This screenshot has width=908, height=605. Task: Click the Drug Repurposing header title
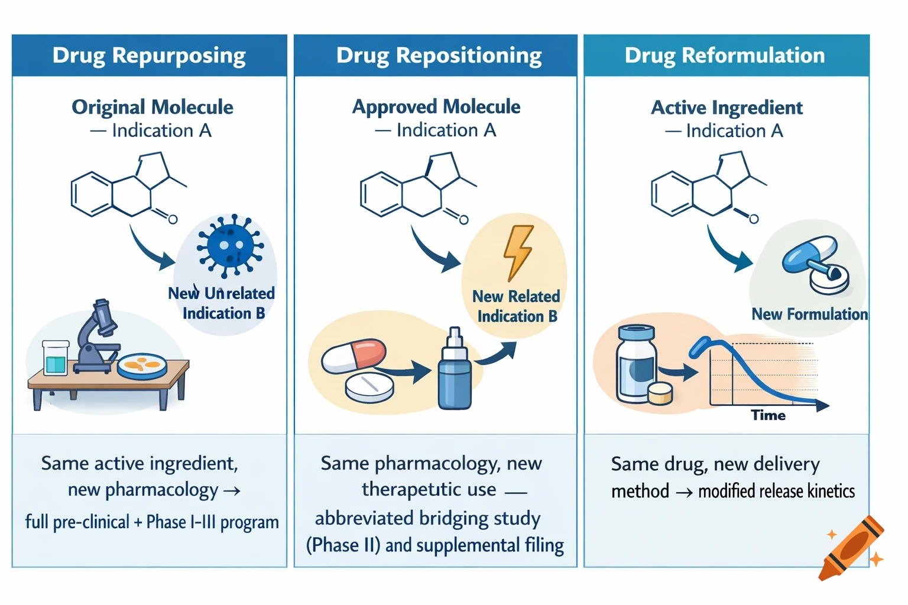click(149, 56)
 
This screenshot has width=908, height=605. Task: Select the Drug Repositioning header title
click(439, 56)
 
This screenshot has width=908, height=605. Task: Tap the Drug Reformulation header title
click(725, 56)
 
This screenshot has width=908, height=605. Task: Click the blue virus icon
click(230, 245)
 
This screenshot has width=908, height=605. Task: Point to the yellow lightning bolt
click(518, 252)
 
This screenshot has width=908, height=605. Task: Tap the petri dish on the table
click(142, 366)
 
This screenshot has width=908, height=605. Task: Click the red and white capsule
click(354, 356)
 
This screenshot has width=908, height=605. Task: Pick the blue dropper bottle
click(455, 372)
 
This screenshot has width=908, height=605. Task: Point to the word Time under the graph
click(768, 415)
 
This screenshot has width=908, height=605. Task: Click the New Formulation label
click(809, 314)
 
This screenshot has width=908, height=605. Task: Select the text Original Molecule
click(153, 108)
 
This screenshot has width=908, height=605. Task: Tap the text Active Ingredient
click(727, 108)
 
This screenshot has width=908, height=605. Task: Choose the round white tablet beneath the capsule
click(369, 387)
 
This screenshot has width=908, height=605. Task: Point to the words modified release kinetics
click(776, 492)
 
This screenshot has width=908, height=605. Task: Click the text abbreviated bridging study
click(427, 519)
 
